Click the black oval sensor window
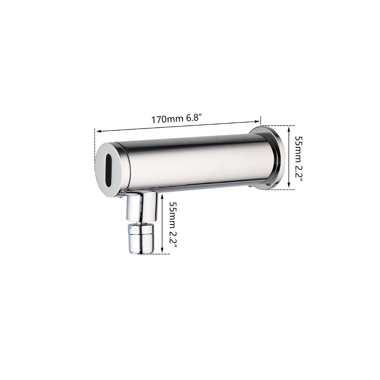[109, 170]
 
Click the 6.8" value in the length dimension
[194, 118]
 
